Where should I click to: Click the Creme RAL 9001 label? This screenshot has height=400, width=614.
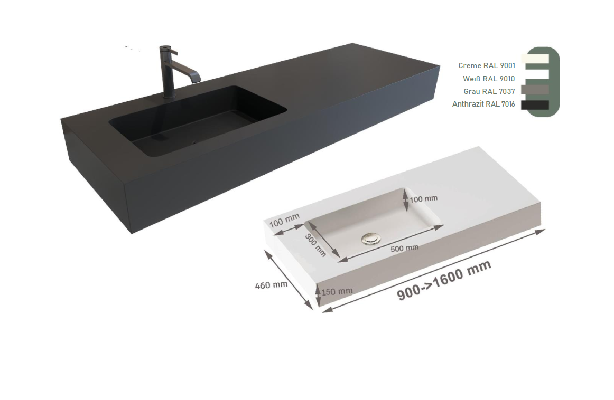tap(487, 65)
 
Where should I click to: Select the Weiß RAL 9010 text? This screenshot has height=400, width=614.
tap(489, 79)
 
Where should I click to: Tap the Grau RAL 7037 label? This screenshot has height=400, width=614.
tap(489, 91)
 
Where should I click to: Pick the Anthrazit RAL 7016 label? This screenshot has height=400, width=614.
tap(483, 104)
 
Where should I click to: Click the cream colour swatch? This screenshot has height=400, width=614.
tap(535, 59)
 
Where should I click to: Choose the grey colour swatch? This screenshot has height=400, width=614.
tap(535, 90)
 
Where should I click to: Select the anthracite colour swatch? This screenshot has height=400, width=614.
tap(535, 105)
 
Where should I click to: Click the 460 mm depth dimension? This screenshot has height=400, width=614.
tap(271, 285)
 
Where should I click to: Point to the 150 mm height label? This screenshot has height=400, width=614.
tap(337, 291)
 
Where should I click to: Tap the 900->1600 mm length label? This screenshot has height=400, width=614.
tap(444, 280)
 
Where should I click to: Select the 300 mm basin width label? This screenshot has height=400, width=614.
tap(315, 245)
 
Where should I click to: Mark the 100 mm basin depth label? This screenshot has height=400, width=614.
tap(423, 198)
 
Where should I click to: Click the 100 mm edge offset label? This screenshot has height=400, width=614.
tap(284, 220)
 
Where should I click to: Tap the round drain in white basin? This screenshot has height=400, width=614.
tap(370, 239)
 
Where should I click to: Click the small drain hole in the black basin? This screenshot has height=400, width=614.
tap(193, 142)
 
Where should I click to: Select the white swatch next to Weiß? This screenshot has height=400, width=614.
tap(535, 74)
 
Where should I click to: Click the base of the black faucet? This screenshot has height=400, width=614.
tap(169, 94)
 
